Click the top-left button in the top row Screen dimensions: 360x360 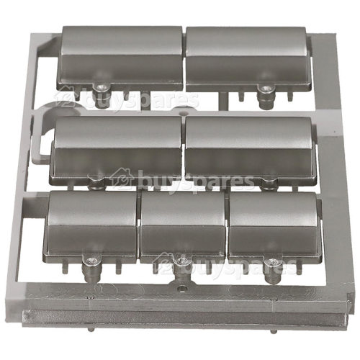point(120,58)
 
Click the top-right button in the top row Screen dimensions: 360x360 point(249,59)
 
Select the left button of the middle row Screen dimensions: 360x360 point(116,150)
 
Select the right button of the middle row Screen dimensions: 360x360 point(250,150)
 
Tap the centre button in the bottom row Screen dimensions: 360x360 point(183,228)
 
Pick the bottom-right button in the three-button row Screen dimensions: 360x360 point(275,228)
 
